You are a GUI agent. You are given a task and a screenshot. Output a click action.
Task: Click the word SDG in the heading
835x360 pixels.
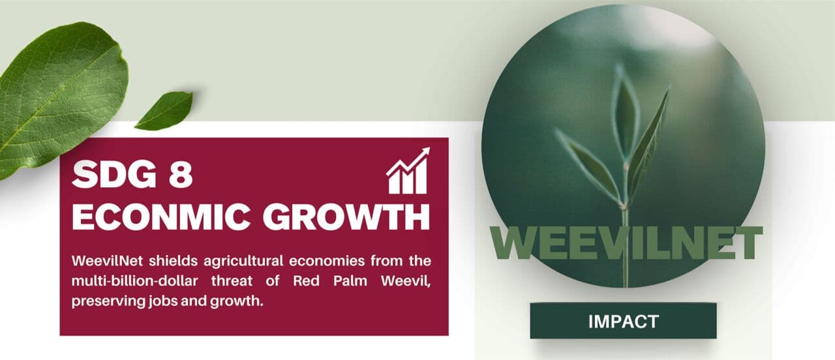(114, 174)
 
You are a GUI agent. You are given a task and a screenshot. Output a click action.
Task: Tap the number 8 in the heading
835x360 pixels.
(181, 174)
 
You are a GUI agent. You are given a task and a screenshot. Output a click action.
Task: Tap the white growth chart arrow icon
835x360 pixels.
(408, 171)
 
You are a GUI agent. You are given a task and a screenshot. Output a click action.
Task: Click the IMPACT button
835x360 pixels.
(623, 321)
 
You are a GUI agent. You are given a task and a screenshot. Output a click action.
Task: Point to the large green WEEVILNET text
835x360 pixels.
(626, 243)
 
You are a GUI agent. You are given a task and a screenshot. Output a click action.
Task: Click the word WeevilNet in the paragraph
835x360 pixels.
(108, 261)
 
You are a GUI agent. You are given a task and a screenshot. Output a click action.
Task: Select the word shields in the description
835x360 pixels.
(174, 261)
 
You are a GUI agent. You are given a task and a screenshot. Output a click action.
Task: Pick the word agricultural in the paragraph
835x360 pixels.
(243, 262)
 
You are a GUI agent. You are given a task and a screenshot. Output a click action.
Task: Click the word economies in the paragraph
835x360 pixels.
(327, 261)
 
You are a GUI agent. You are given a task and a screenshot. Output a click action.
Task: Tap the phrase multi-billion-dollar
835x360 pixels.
(134, 280)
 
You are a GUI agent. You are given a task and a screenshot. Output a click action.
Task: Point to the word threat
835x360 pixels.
(232, 280)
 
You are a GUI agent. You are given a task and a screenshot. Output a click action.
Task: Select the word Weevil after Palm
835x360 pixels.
(406, 281)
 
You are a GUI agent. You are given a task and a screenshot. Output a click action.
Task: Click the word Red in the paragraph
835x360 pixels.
(307, 280)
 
